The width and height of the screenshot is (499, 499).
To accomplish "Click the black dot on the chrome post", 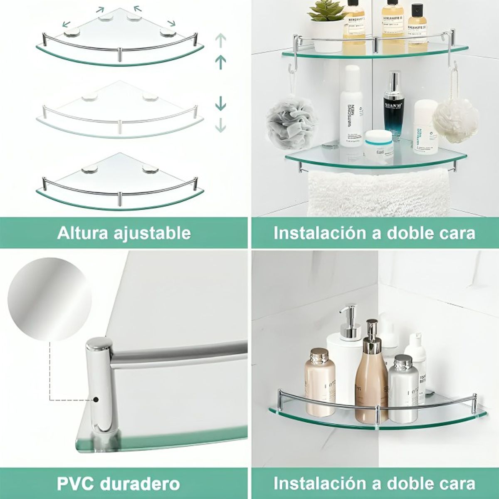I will [x=96, y=400].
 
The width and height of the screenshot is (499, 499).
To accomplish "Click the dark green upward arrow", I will [x=221, y=62].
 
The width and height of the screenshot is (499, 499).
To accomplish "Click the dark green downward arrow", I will [x=221, y=104].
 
